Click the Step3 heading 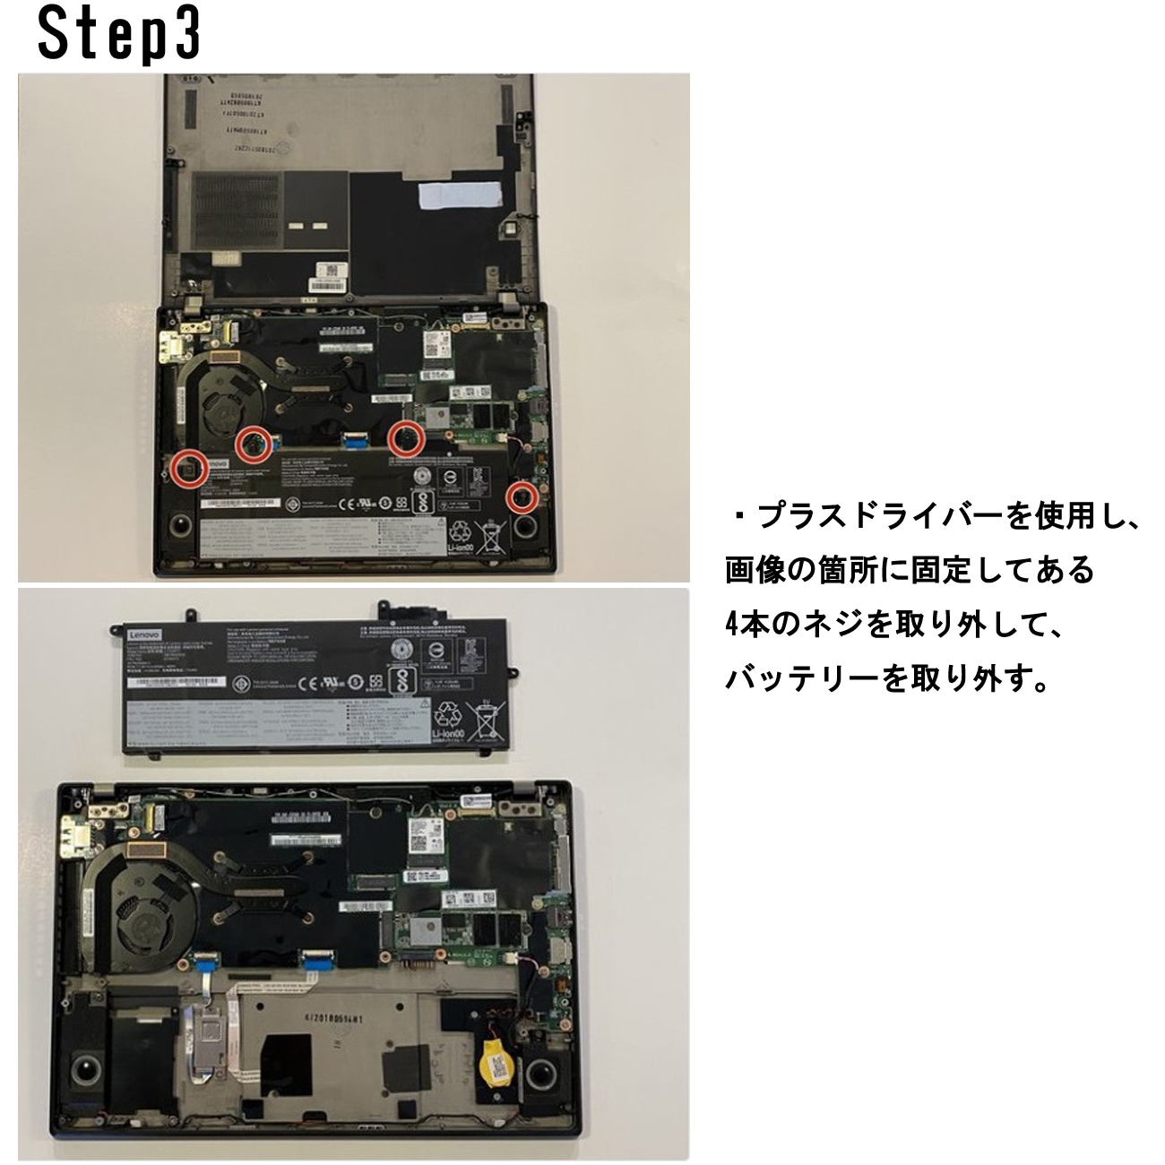118,34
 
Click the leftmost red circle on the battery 189,468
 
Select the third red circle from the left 406,437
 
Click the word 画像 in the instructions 750,571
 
